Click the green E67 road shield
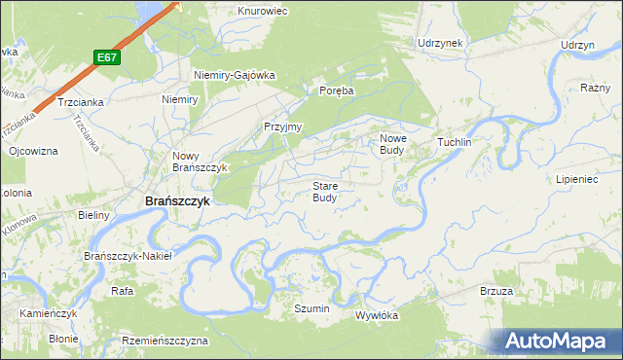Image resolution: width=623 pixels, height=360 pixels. [108, 58]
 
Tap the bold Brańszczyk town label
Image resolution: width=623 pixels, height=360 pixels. [177, 201]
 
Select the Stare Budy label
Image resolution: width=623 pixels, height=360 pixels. [325, 191]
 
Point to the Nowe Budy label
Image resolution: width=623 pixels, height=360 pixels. [392, 144]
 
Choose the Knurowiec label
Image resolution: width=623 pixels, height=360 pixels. [260, 12]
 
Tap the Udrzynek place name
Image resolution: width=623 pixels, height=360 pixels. [440, 44]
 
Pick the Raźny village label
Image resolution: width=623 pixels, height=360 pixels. [594, 88]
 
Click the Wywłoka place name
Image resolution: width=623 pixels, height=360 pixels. [378, 315]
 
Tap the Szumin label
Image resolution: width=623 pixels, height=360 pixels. [312, 308]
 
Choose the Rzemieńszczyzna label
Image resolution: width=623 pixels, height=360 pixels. [165, 342]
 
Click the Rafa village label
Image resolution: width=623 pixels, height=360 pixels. [122, 291]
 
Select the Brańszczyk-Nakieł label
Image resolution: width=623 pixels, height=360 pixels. [128, 256]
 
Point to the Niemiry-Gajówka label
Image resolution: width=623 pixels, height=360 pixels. [235, 75]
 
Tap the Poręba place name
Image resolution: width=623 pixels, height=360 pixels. [336, 90]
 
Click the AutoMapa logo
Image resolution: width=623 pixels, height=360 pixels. [558, 342]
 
